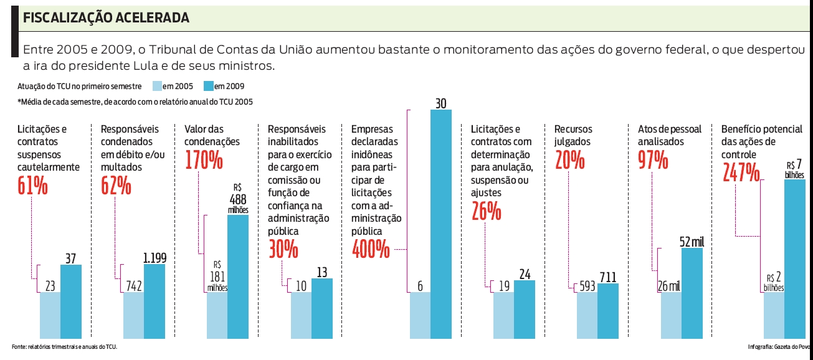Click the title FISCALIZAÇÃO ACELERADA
coord(106,19)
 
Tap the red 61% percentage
coord(32,185)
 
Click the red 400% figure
coord(371,250)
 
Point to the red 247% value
coord(741,172)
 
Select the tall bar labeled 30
coord(441,224)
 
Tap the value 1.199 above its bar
coord(155,257)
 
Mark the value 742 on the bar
coord(133,286)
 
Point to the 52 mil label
coord(692,241)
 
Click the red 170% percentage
coord(204,159)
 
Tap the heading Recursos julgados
coord(573,135)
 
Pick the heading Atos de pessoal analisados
coord(670,135)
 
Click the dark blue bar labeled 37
coord(71,302)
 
